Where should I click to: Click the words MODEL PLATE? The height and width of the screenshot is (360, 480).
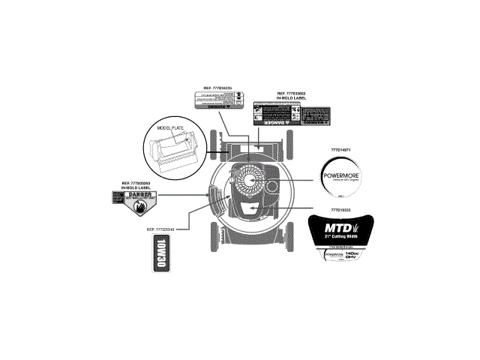[x=170, y=128]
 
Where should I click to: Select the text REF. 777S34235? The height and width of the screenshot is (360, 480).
[x=218, y=88]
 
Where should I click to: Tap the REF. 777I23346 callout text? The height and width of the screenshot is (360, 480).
[x=160, y=228]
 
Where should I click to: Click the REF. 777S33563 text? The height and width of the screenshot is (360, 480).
[x=136, y=182]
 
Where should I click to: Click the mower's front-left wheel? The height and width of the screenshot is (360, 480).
[x=217, y=140]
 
